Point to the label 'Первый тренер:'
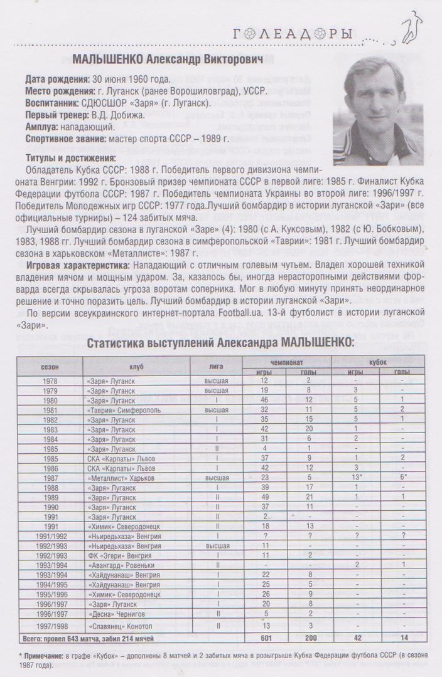coord(55,115)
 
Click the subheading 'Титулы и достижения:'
coord(71,157)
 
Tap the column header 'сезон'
coord(50,366)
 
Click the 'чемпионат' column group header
coord(287,362)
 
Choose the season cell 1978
coord(50,380)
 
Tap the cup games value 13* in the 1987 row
coord(355,478)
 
